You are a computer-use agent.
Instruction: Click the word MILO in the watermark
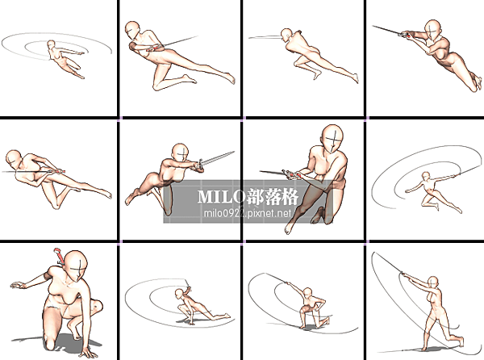(221, 196)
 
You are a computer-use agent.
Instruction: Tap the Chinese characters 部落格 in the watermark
(273, 196)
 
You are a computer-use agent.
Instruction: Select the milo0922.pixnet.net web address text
(248, 213)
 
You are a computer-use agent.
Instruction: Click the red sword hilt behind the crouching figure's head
(59, 256)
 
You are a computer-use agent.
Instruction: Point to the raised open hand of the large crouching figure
(18, 285)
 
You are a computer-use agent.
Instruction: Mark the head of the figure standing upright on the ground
(433, 282)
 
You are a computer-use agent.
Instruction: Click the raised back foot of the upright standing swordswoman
(461, 341)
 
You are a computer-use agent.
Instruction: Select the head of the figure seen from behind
(286, 34)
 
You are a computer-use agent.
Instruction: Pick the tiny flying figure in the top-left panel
(65, 59)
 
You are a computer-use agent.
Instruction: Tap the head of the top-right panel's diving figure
(433, 30)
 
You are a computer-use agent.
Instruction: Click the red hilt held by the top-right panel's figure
(409, 36)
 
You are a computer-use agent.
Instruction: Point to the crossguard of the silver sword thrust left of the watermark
(201, 164)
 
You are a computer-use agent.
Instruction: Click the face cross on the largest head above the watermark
(333, 141)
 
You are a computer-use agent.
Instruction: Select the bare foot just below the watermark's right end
(288, 228)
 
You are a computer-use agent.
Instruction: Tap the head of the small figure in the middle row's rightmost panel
(426, 176)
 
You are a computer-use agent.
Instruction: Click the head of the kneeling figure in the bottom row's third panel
(307, 291)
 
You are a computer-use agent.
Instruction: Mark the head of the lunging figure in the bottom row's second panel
(179, 293)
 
